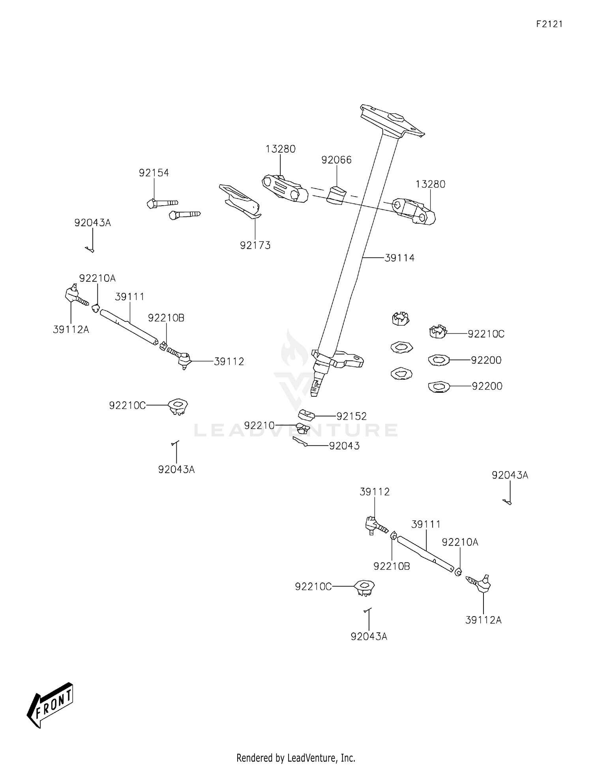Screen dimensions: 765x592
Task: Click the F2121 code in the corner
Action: (549, 24)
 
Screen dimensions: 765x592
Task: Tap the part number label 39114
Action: (399, 258)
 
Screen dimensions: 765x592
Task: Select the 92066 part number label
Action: (336, 160)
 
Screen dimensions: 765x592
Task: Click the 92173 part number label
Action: (255, 245)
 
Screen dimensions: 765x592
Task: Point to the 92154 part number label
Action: (154, 172)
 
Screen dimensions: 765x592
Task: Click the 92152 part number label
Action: (351, 416)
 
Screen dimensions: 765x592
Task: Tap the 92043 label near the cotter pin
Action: (344, 446)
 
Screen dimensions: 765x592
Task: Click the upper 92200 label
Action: (486, 360)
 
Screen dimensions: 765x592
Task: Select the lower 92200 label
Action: (487, 386)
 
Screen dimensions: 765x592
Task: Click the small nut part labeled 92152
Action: (306, 415)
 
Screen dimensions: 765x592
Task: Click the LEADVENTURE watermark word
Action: (296, 430)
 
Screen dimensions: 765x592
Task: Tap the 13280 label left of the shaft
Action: (280, 149)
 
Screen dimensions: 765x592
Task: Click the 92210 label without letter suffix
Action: (259, 426)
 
